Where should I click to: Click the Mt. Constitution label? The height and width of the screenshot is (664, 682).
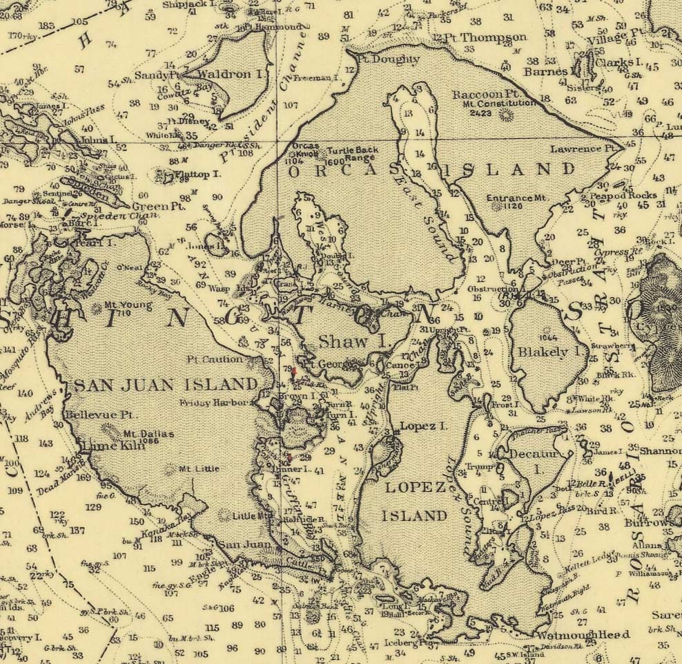point(500,103)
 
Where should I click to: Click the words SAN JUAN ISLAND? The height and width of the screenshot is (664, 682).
point(166,385)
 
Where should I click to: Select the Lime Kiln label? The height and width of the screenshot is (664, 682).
point(102,447)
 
